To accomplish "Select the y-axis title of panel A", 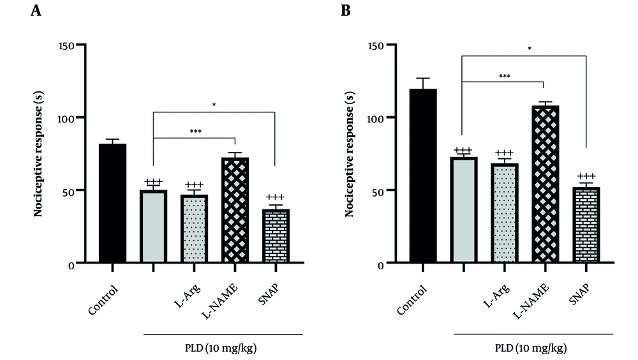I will point(38,154).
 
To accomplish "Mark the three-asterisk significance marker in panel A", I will point(196,131).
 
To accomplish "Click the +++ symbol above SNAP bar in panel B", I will point(586,177).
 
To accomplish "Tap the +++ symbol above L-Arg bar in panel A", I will point(194,184).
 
